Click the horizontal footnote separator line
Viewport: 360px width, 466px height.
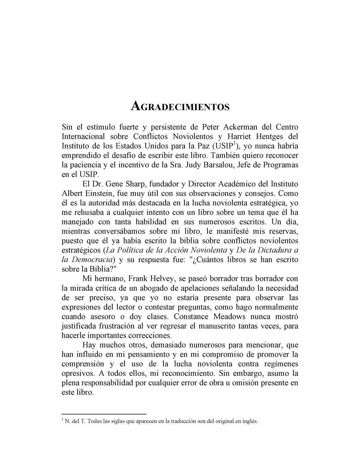click(x=104, y=414)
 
